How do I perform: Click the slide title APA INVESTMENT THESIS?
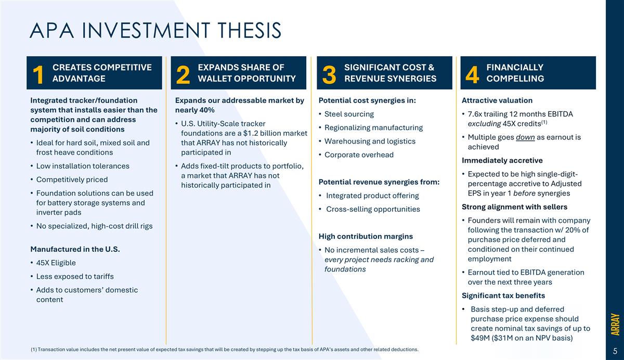(155, 30)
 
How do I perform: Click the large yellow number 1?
(37, 74)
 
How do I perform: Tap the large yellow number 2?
(183, 74)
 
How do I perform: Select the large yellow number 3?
(329, 74)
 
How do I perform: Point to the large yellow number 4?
(472, 74)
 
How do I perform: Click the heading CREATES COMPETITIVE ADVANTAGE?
(102, 73)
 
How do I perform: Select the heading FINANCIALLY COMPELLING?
(515, 73)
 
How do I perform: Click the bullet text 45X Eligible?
(56, 263)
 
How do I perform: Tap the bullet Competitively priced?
(72, 179)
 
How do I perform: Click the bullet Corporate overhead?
(359, 155)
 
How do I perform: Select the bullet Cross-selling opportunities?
(373, 209)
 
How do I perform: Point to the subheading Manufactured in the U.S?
(75, 249)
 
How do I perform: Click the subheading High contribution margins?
(366, 236)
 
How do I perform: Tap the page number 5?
(615, 351)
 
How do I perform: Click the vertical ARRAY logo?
(615, 324)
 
